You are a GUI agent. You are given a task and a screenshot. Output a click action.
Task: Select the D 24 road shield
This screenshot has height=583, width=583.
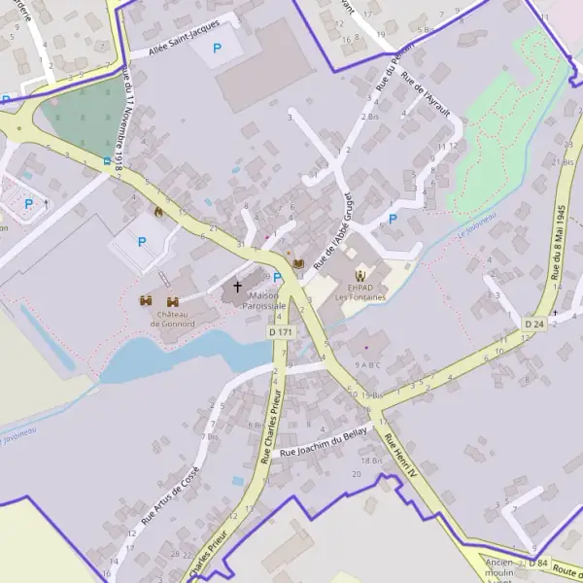[533, 323]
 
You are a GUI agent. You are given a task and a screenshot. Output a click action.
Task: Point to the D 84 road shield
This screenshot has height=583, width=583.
[539, 564]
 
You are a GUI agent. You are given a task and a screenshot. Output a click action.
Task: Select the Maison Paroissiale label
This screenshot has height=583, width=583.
[267, 299]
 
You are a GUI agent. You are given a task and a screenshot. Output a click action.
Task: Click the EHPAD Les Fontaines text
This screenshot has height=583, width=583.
[360, 291]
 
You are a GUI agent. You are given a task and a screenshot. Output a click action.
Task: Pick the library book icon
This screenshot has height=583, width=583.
[297, 263]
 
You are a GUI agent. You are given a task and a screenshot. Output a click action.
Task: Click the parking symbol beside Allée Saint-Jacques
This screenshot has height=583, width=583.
[217, 47]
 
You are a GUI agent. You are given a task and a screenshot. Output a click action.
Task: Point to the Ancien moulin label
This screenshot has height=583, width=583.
[498, 568]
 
